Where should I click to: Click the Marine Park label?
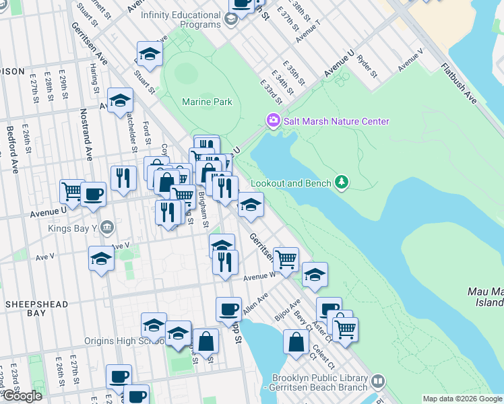207,102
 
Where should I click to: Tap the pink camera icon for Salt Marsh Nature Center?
273,121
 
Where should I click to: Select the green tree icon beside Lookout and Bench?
342,182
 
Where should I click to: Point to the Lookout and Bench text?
291,183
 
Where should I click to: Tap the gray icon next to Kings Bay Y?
106,228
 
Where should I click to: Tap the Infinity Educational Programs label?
181,20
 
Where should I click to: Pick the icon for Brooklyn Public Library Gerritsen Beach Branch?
378,382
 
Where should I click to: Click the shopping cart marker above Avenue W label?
286,259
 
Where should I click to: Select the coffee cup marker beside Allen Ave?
228,309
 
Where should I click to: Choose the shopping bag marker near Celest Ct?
296,341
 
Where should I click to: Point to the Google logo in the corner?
22,396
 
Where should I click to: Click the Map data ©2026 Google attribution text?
462,399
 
